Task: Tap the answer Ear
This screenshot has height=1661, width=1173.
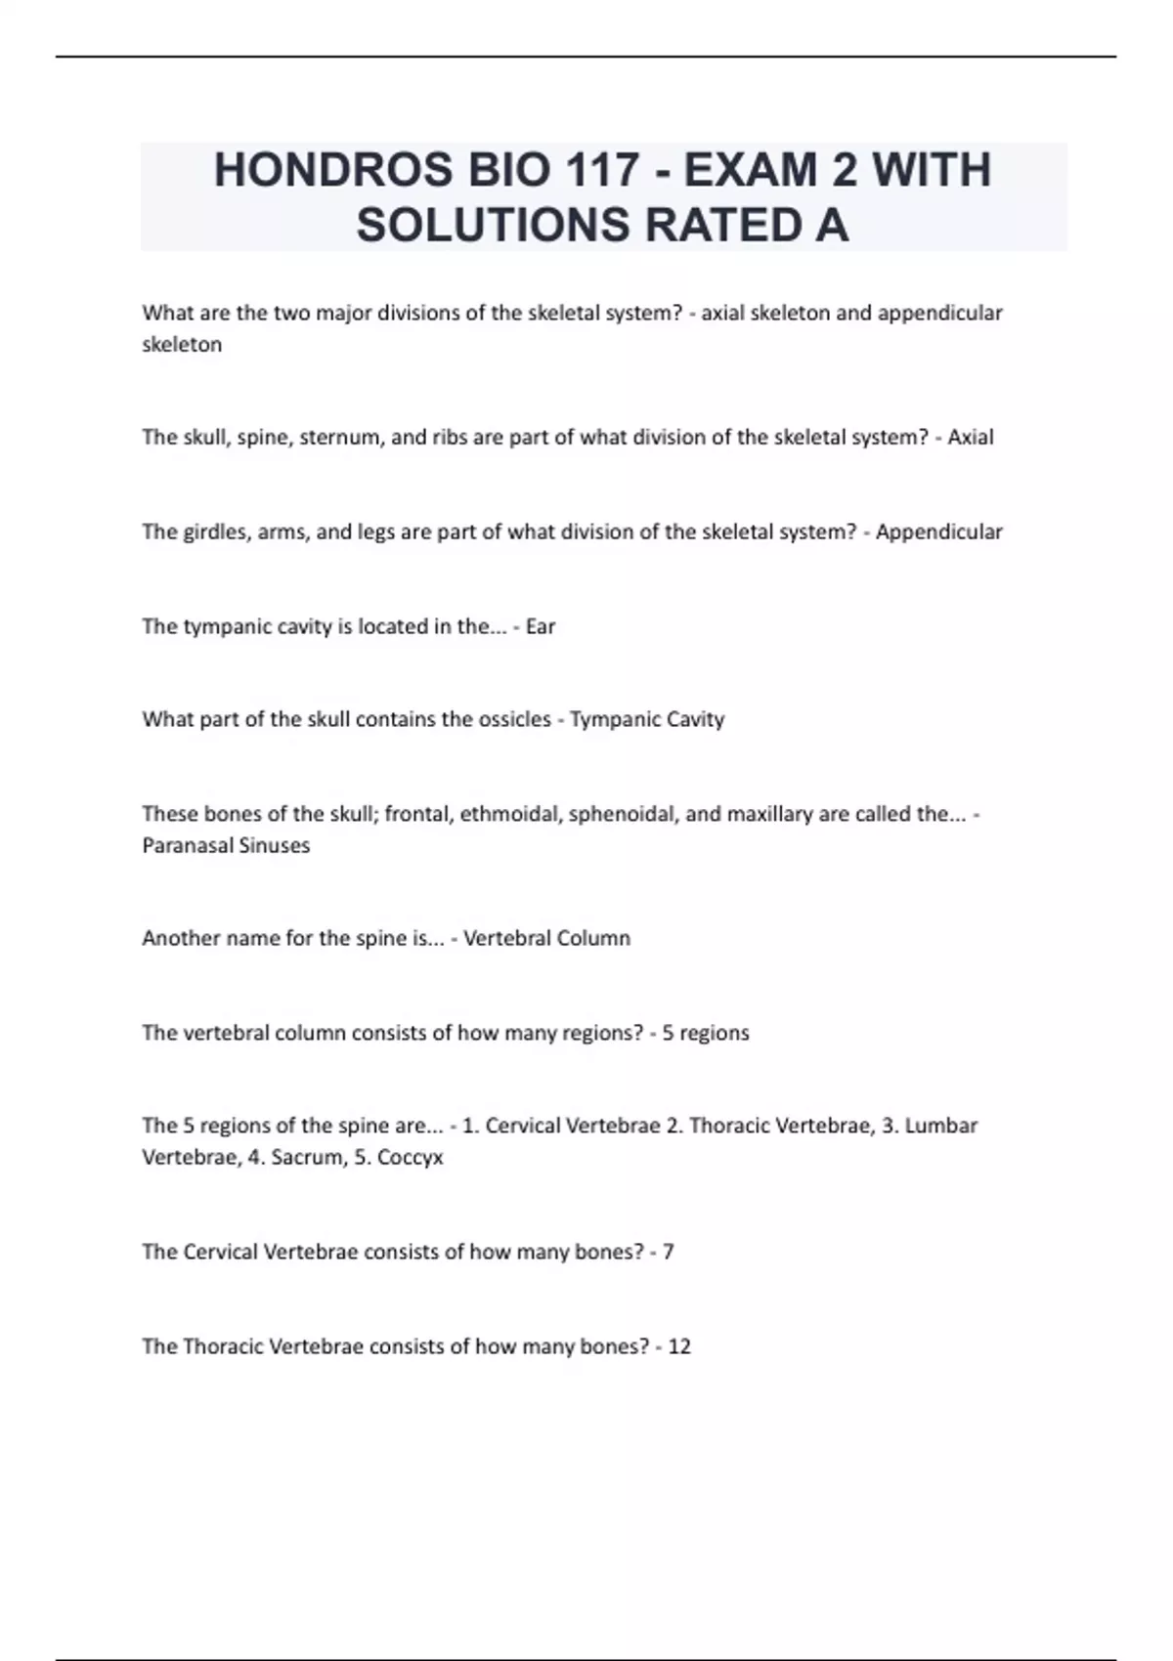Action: (541, 626)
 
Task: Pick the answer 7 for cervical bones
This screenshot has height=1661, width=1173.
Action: (669, 1252)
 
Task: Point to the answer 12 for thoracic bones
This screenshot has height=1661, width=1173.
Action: (679, 1346)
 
